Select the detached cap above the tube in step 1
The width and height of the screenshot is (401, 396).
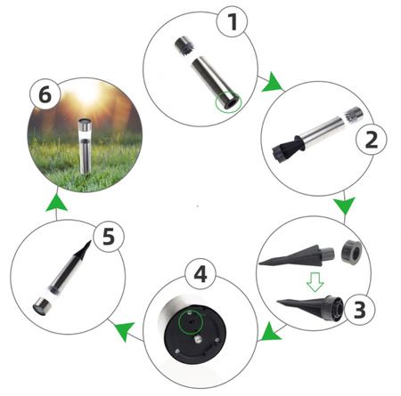click(x=187, y=44)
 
